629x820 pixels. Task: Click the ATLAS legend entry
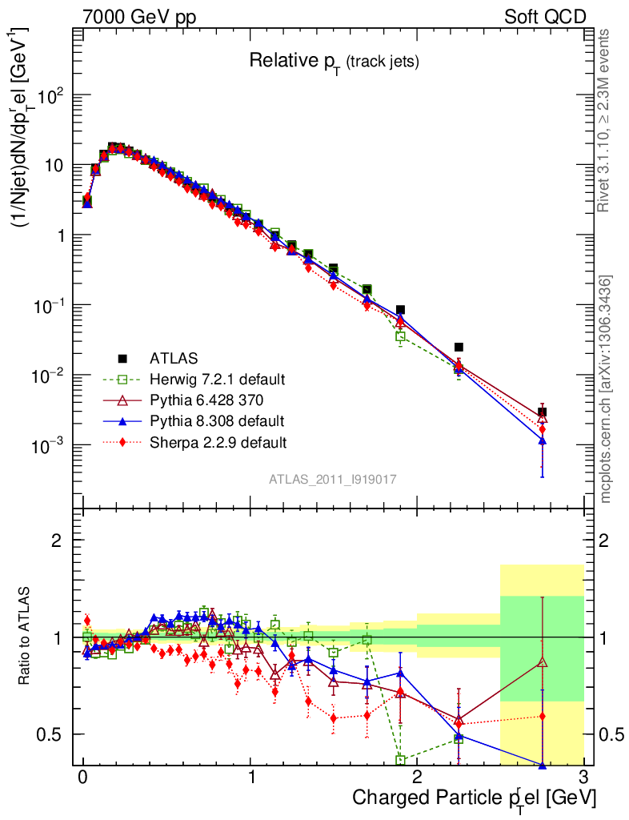point(173,358)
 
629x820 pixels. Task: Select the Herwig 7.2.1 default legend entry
point(217,379)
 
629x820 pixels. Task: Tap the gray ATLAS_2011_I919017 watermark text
point(333,479)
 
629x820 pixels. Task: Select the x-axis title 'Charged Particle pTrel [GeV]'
point(474,798)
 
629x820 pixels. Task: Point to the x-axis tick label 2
point(417,777)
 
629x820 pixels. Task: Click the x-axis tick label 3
point(583,777)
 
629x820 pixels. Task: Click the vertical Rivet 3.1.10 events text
point(605,120)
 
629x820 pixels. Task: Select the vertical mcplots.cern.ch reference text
point(605,388)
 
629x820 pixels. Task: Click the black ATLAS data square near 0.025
point(459,347)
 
